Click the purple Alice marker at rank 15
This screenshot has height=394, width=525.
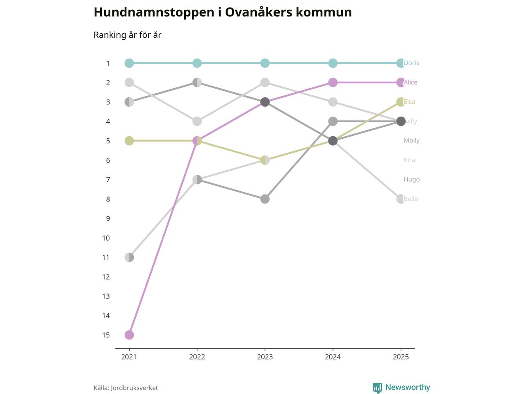pyautogui.click(x=129, y=335)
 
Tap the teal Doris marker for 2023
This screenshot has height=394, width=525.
pyautogui.click(x=265, y=63)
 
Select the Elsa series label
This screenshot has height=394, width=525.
pyautogui.click(x=410, y=102)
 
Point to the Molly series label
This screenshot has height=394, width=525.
pyautogui.click(x=411, y=141)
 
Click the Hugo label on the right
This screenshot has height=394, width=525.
pyautogui.click(x=411, y=179)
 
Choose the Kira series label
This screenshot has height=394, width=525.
pyautogui.click(x=409, y=160)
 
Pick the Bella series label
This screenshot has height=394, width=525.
pyautogui.click(x=411, y=199)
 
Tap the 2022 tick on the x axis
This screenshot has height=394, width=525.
pyautogui.click(x=197, y=357)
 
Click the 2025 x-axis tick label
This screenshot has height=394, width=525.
pyautogui.click(x=401, y=357)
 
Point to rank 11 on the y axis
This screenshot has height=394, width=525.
pyautogui.click(x=106, y=257)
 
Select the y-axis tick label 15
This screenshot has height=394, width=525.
pyautogui.click(x=106, y=335)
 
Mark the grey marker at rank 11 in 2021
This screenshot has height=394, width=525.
pyautogui.click(x=129, y=257)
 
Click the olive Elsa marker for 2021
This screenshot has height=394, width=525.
pyautogui.click(x=129, y=141)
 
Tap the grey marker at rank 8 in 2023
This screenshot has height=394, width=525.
pyautogui.click(x=265, y=199)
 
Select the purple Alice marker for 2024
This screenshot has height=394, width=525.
pyautogui.click(x=333, y=82)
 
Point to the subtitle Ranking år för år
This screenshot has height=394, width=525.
pyautogui.click(x=128, y=35)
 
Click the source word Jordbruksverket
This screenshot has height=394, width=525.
pyautogui.click(x=134, y=388)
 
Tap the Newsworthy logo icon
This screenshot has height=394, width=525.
pyautogui.click(x=377, y=388)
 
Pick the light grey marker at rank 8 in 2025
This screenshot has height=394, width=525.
pyautogui.click(x=401, y=199)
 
